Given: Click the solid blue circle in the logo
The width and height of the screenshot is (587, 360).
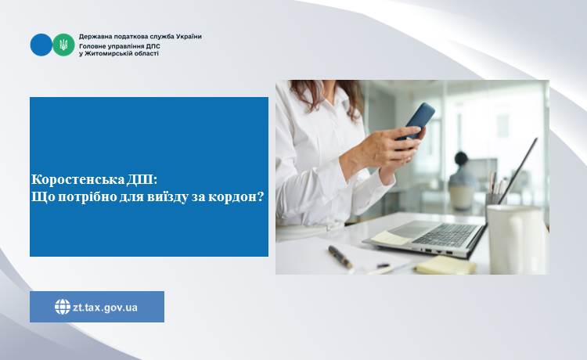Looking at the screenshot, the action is [41, 45].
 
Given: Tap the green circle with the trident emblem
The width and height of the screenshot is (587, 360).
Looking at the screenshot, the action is [63, 45].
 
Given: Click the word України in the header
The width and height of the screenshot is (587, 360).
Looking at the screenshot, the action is [189, 37].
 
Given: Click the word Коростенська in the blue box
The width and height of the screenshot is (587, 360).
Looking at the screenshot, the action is [77, 180].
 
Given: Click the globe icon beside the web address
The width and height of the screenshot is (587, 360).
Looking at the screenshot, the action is [63, 307].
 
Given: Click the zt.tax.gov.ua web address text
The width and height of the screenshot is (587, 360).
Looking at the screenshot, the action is [105, 308].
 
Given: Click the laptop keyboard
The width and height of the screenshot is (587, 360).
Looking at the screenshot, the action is [445, 235].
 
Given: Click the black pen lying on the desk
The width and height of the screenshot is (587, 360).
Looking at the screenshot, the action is [340, 257].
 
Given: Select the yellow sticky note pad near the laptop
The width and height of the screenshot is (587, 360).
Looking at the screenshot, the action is [445, 265].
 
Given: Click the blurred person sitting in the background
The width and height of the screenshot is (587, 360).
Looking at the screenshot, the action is [462, 180].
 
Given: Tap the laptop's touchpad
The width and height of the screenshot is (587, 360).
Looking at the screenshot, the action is [407, 229].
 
